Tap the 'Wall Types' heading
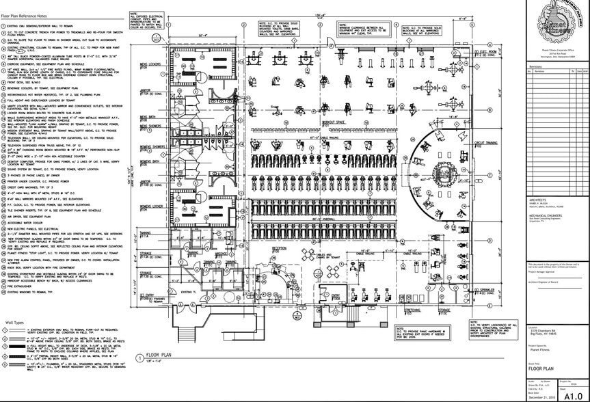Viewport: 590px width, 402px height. click(x=16, y=321)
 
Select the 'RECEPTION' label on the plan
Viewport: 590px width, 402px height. click(x=279, y=249)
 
